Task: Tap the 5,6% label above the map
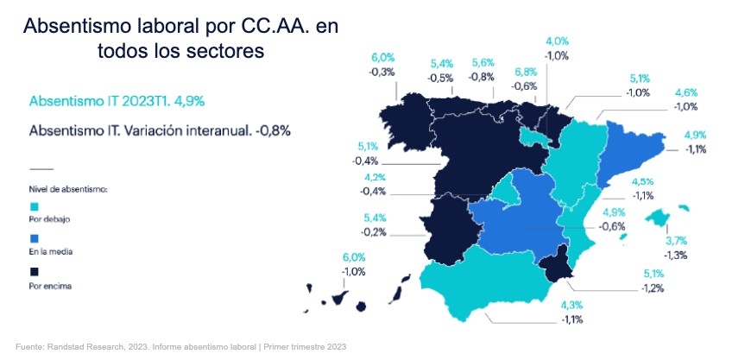pos(483,63)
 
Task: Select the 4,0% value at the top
pos(556,41)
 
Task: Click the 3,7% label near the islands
pos(676,240)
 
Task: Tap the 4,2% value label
pos(375,179)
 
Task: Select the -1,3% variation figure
pos(676,255)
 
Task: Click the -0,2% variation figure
pos(374,232)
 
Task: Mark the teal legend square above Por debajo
pos(34,205)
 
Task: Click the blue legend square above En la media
pos(34,237)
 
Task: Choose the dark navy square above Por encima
pos(34,269)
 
